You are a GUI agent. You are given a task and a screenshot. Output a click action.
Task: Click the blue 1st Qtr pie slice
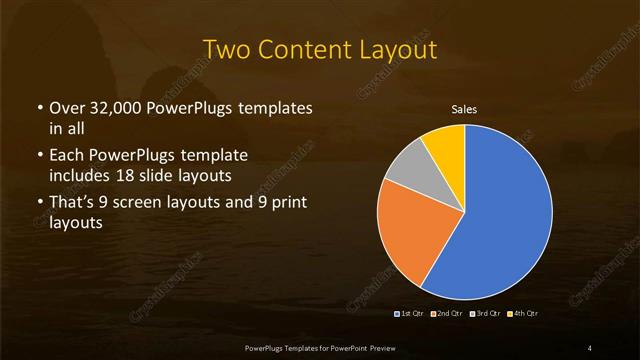click(x=505, y=215)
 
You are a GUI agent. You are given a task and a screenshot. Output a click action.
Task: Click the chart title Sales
click(x=464, y=109)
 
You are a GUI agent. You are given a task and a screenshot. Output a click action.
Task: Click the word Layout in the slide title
click(x=400, y=50)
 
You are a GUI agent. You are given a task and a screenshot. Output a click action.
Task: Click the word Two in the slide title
click(x=225, y=50)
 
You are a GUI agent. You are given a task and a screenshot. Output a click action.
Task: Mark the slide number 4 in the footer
click(x=589, y=347)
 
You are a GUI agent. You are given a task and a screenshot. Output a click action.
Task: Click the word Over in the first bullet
click(x=67, y=107)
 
